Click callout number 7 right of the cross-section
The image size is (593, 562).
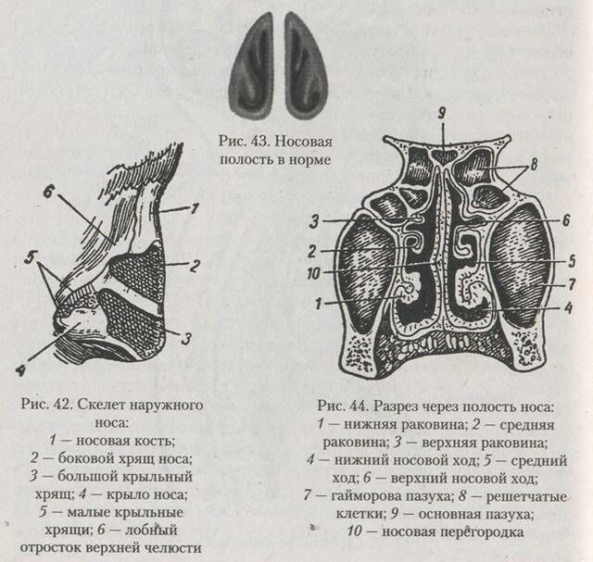coord(572,282)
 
